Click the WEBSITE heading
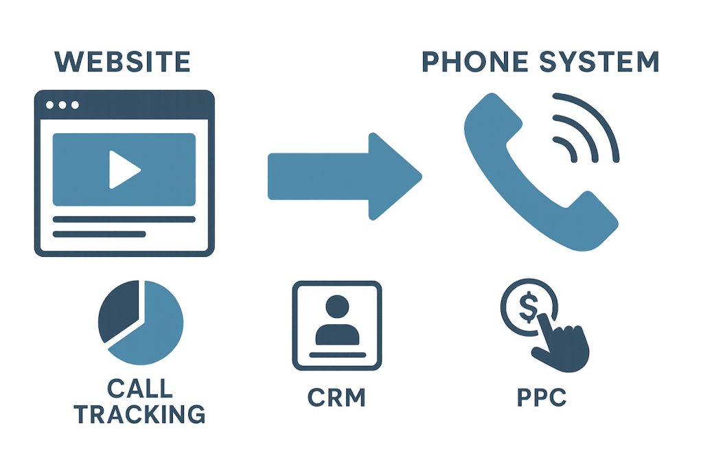(122, 62)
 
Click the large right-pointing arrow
(343, 176)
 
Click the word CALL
(140, 389)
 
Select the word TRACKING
(140, 414)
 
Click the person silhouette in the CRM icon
(336, 319)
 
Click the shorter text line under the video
(100, 234)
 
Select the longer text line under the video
(124, 220)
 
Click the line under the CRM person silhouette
(336, 355)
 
